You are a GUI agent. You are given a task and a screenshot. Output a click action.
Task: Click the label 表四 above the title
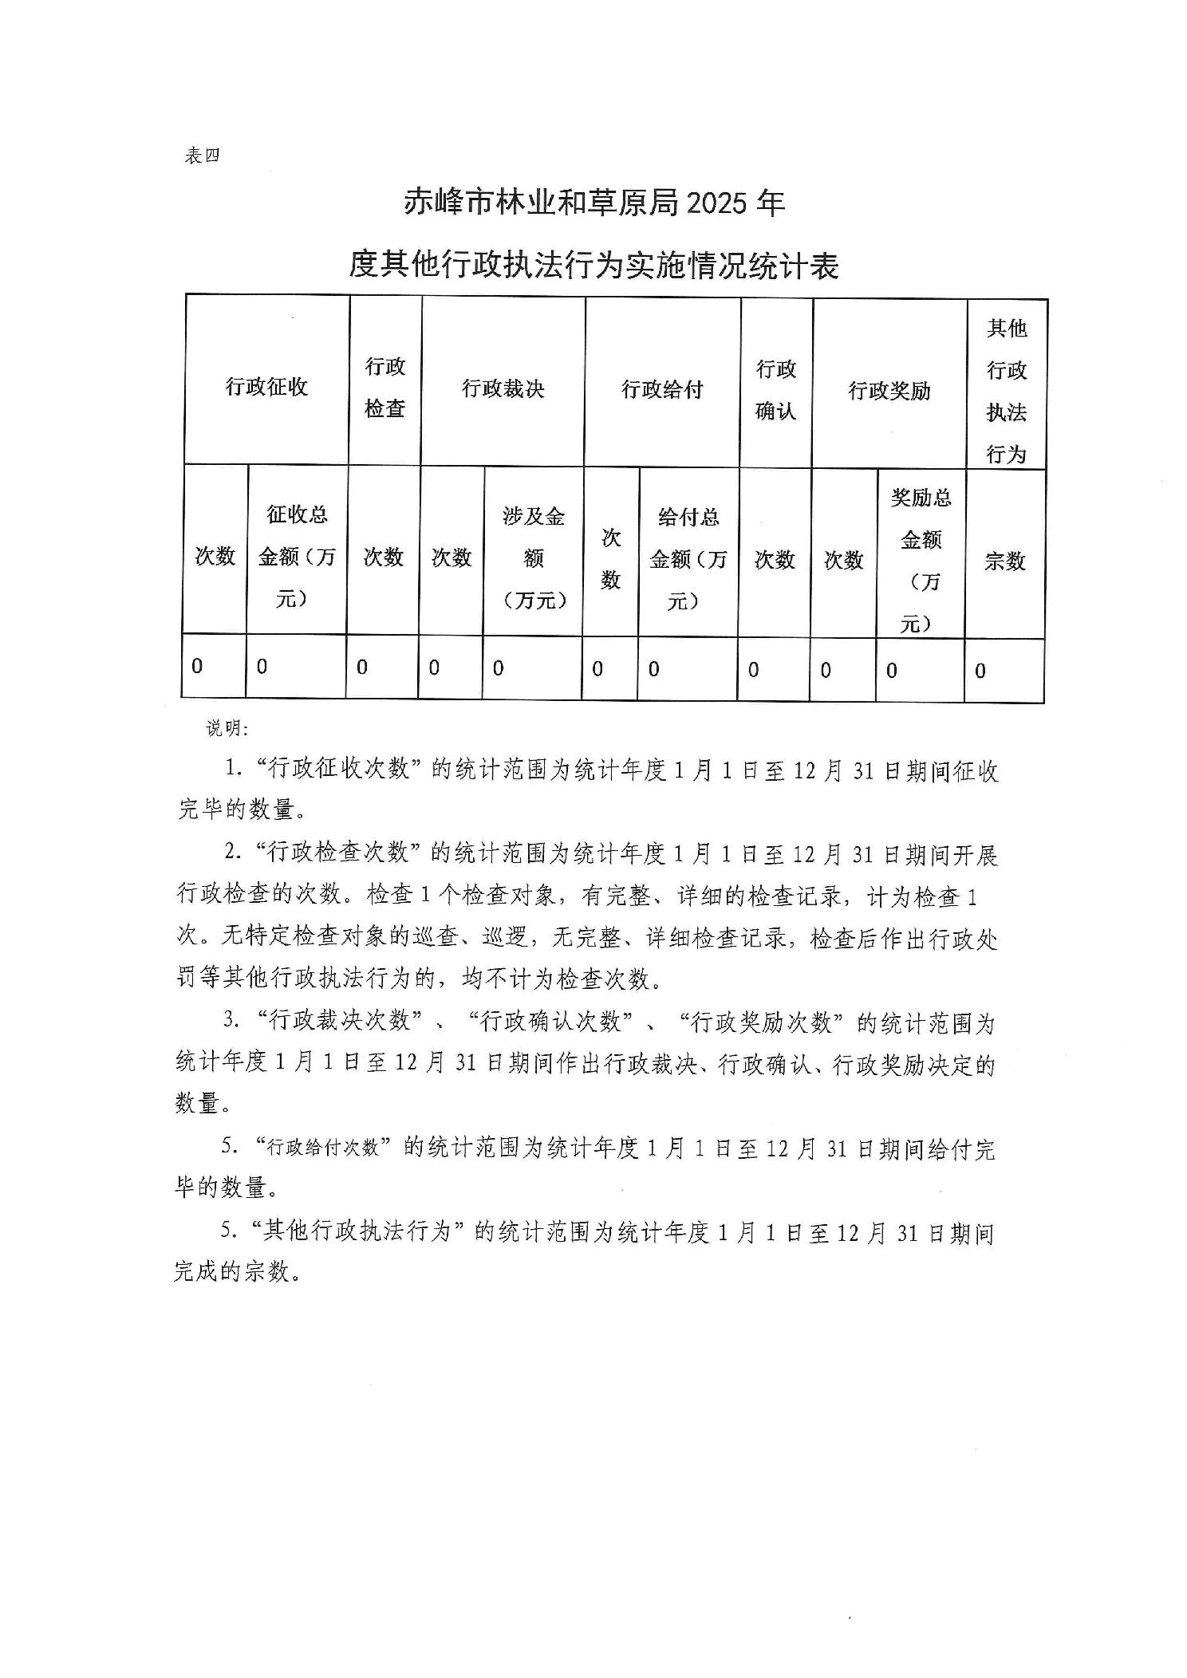point(201,156)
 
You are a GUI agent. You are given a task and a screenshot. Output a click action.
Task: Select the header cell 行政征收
point(266,388)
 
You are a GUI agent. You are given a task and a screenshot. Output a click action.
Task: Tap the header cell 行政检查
point(385,388)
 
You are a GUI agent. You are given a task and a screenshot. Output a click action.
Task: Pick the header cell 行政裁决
point(503,388)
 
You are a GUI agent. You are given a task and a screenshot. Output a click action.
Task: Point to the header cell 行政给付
point(662,390)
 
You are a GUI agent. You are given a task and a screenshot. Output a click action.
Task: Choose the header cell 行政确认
point(776,390)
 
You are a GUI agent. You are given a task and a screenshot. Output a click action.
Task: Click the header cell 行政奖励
point(889,391)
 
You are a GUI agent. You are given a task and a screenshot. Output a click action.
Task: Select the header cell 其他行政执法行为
point(1006,391)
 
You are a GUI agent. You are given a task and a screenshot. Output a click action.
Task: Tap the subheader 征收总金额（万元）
point(296,556)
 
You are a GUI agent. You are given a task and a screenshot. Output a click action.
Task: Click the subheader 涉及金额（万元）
point(533,558)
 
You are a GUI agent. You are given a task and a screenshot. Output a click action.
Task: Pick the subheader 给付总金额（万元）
point(688,559)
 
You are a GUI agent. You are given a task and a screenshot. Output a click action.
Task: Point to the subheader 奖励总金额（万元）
point(921,561)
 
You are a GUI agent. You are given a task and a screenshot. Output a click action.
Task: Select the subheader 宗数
point(1004,561)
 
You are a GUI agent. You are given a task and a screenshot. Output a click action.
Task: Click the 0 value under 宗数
point(980,672)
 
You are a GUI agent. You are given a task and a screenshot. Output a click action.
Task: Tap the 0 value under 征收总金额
point(262,667)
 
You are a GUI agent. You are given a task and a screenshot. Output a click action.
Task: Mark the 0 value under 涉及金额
point(498,668)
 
